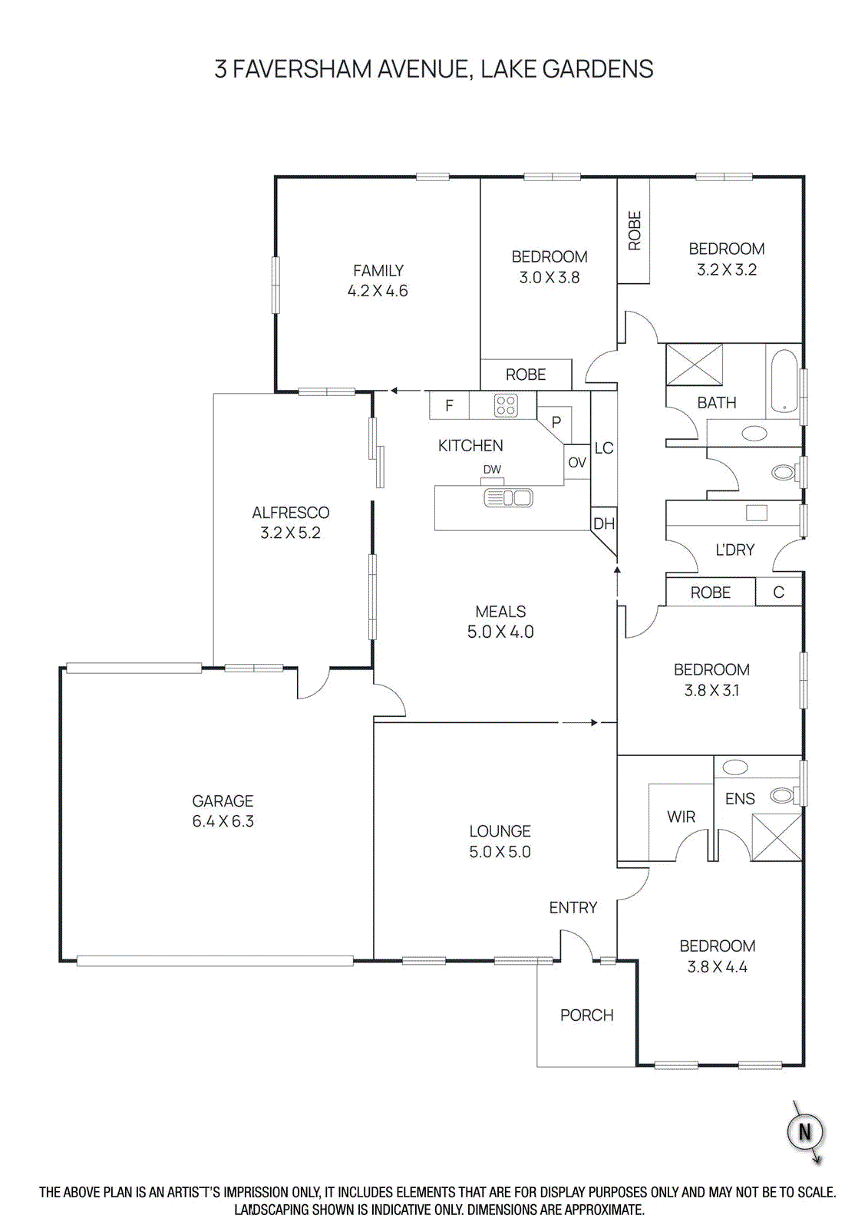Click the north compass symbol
click(x=805, y=1131)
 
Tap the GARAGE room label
click(x=223, y=801)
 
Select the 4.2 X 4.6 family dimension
click(x=378, y=291)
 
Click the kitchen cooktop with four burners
click(x=505, y=405)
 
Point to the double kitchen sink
click(x=508, y=498)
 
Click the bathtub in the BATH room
click(x=784, y=381)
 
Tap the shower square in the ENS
click(x=777, y=837)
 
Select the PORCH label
click(x=586, y=1015)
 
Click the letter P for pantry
click(x=556, y=422)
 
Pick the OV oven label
click(x=577, y=463)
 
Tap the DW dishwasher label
click(x=492, y=470)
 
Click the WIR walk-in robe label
click(x=681, y=817)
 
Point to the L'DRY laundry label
click(x=734, y=550)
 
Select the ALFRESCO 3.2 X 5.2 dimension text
click(x=290, y=533)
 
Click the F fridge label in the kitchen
click(x=449, y=406)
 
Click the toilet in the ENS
click(x=783, y=795)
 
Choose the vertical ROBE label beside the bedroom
click(x=635, y=230)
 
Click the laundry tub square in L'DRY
click(x=757, y=513)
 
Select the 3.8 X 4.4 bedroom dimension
click(x=717, y=967)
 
